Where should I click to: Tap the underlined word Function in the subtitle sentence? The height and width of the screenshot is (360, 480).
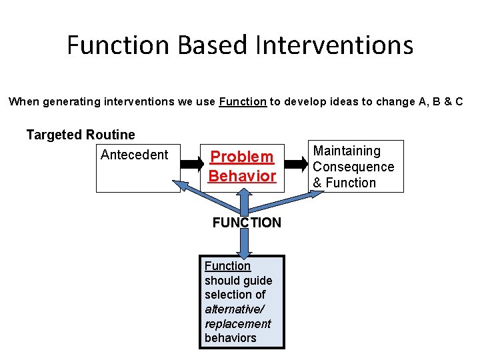tap(243, 102)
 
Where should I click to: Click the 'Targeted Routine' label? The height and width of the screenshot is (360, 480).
tap(81, 135)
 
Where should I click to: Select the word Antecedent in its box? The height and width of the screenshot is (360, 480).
tap(134, 155)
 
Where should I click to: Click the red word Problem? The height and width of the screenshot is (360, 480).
tap(242, 157)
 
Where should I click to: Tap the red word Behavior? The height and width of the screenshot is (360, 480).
tap(242, 176)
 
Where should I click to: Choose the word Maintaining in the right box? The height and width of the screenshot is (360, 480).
tap(347, 151)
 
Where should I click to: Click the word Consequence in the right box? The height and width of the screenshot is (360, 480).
tap(353, 167)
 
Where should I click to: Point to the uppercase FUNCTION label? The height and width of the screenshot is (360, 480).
tap(247, 223)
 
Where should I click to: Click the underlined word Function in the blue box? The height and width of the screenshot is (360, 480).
tap(227, 266)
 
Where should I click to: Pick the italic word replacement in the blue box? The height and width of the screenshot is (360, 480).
tap(237, 324)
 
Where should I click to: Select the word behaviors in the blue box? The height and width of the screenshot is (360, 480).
tap(230, 338)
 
